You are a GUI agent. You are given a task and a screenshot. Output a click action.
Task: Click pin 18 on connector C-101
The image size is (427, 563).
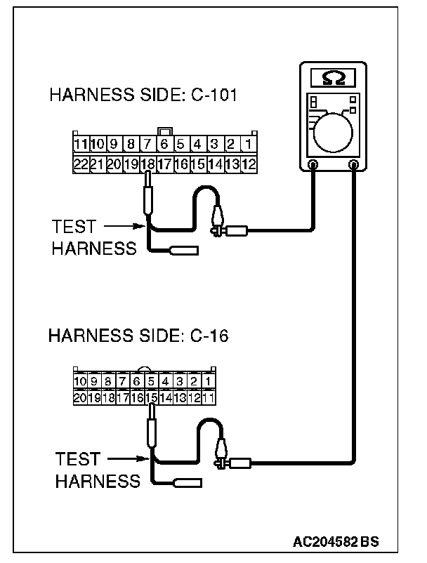(x=147, y=166)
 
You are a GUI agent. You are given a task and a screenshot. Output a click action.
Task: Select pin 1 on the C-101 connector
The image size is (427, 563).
(x=249, y=145)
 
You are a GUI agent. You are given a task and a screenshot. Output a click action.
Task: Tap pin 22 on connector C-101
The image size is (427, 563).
(x=80, y=166)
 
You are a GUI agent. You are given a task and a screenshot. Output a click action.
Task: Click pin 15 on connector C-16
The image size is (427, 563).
(x=150, y=397)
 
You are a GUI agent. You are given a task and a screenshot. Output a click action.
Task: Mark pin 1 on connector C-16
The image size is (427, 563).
(x=209, y=381)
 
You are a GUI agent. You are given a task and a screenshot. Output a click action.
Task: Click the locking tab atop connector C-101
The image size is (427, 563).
(x=166, y=131)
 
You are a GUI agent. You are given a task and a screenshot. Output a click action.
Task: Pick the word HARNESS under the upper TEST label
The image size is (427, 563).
(x=94, y=249)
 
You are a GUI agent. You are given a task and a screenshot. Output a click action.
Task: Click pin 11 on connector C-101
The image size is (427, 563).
(x=80, y=145)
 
